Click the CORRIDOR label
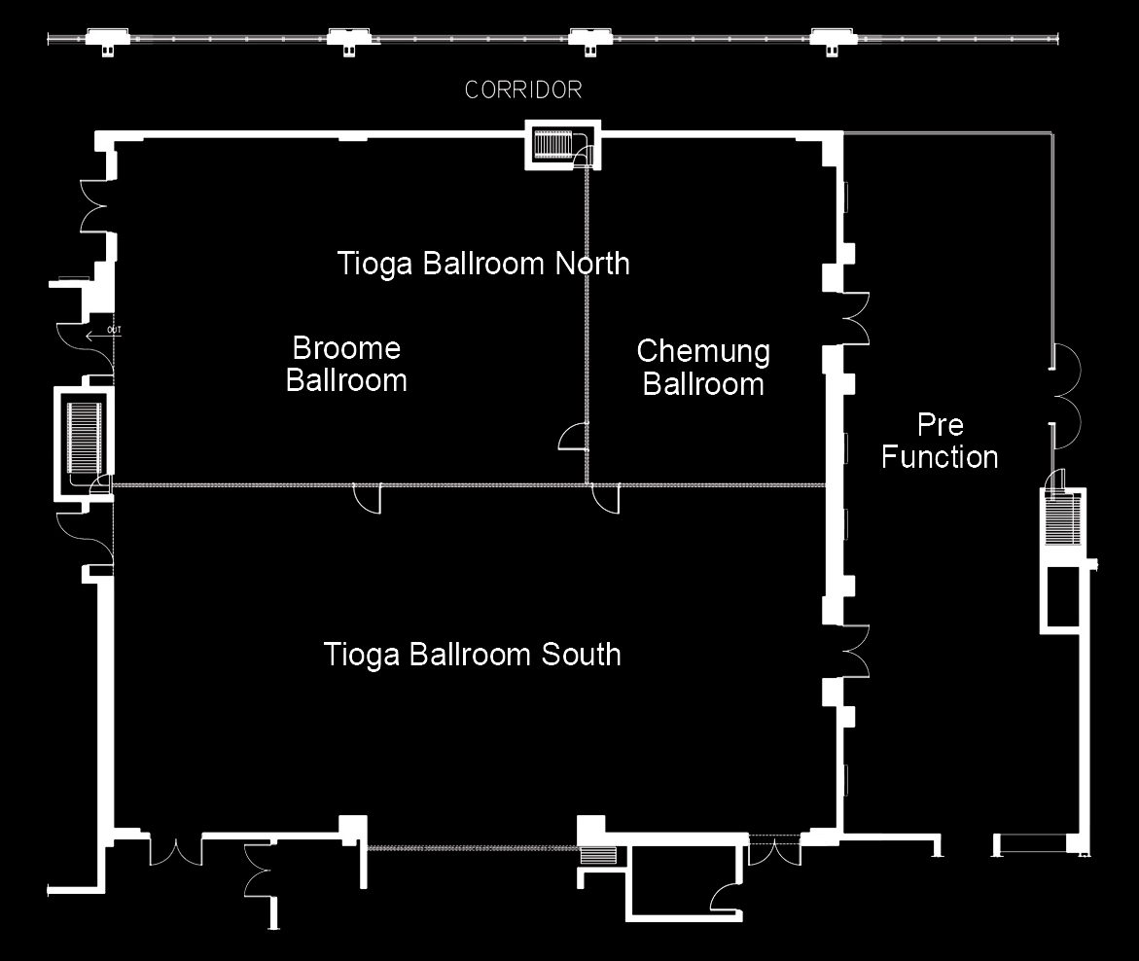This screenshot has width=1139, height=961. pyautogui.click(x=523, y=89)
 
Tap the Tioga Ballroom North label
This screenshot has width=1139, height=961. pyautogui.click(x=483, y=263)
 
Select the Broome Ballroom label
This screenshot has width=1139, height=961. pyautogui.click(x=346, y=364)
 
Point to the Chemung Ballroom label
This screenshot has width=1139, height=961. pyautogui.click(x=703, y=368)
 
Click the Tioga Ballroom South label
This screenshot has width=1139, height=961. pyautogui.click(x=472, y=655)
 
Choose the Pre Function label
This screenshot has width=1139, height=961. pyautogui.click(x=940, y=441)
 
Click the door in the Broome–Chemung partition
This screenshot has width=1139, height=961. pyautogui.click(x=572, y=436)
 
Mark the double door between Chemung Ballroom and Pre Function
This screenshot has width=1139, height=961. pyautogui.click(x=855, y=318)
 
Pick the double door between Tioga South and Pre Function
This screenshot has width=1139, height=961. pyautogui.click(x=855, y=651)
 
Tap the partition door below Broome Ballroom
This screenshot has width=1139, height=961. pyautogui.click(x=367, y=498)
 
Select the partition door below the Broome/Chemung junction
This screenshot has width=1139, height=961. pyautogui.click(x=605, y=498)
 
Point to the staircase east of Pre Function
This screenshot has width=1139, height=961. pyautogui.click(x=1063, y=517)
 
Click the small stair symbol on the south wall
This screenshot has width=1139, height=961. pyautogui.click(x=598, y=855)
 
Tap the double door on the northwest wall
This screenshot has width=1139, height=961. pyautogui.click(x=95, y=206)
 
